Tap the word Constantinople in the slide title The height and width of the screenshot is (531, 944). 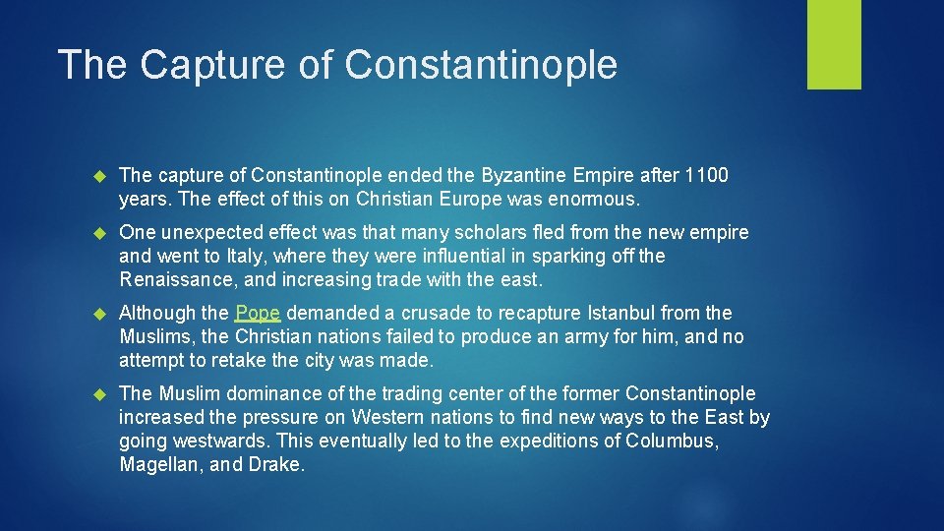click(x=482, y=65)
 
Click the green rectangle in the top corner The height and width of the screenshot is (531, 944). click(x=834, y=44)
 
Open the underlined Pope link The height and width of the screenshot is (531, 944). click(x=258, y=314)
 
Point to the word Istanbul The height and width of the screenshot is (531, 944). click(x=624, y=314)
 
